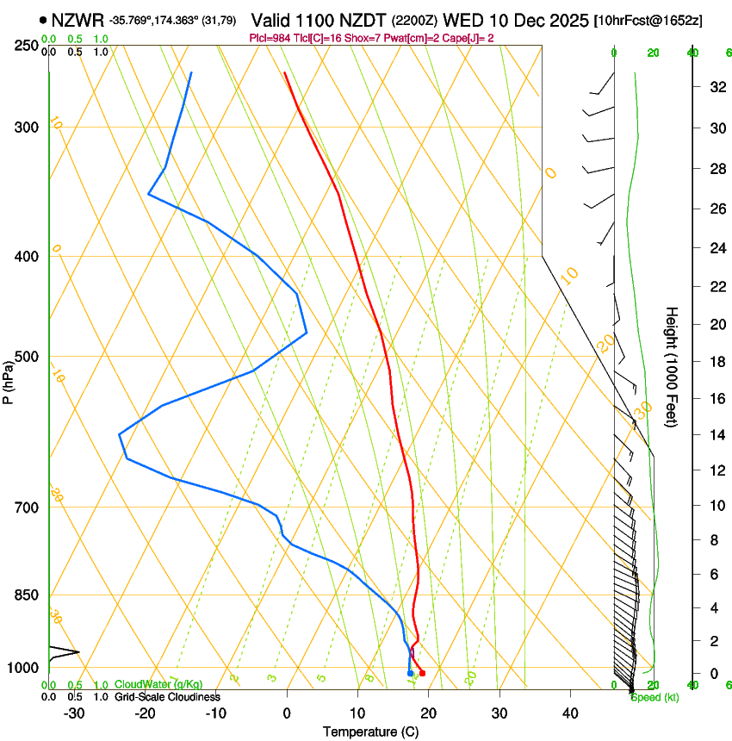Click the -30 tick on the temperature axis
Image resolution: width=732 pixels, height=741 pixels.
(x=74, y=713)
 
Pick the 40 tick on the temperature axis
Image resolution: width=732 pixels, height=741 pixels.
(x=570, y=713)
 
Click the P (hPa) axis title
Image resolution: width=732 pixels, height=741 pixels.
(x=9, y=380)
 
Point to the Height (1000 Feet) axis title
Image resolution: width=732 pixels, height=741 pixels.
(x=673, y=367)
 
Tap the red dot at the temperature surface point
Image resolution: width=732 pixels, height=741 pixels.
(x=422, y=673)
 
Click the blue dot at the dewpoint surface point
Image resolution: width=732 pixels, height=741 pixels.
(x=410, y=673)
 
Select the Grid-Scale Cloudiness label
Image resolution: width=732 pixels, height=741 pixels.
(x=167, y=696)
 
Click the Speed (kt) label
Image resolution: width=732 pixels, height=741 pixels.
(x=654, y=697)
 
